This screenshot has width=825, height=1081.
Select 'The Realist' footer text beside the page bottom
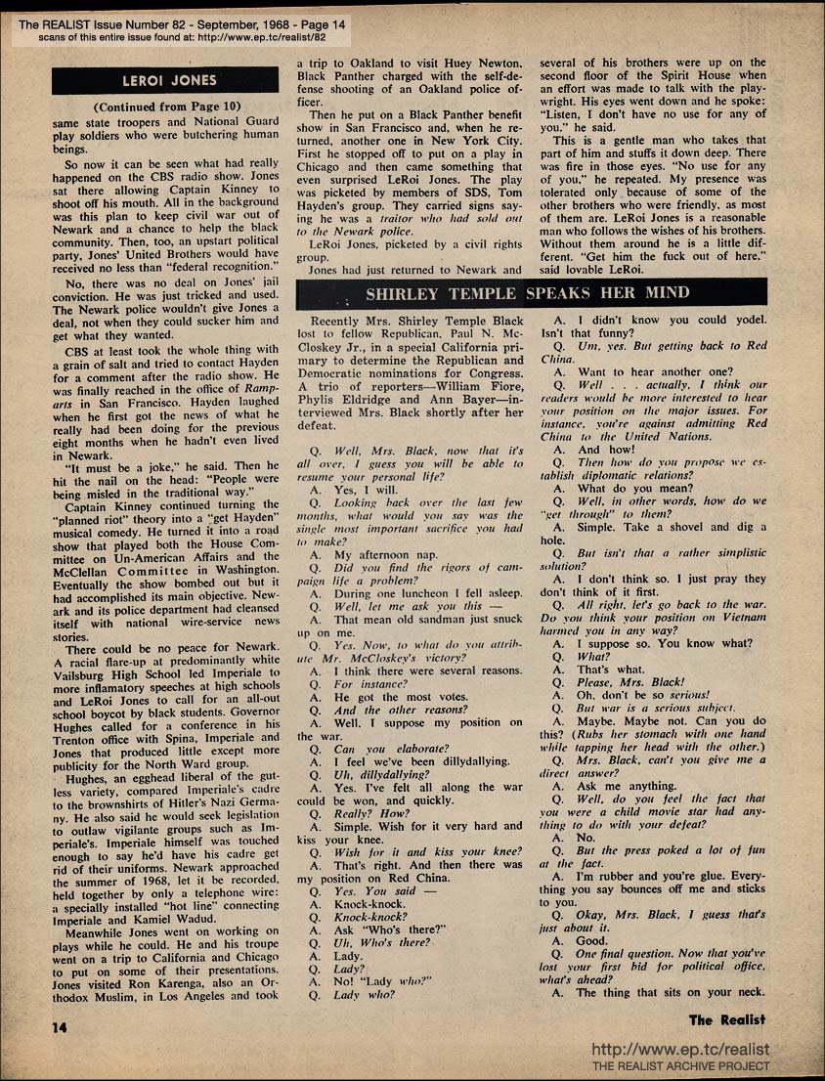(x=727, y=1020)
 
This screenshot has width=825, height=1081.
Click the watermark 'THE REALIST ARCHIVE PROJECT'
(x=680, y=1066)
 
